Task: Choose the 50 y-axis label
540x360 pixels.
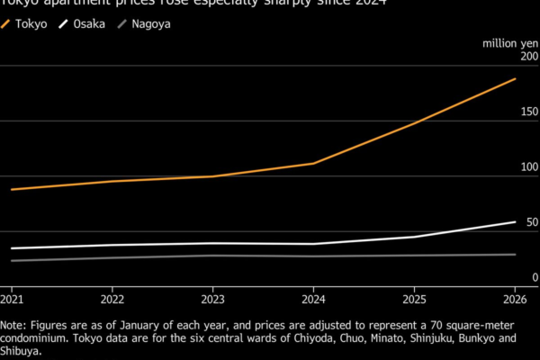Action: tap(532, 222)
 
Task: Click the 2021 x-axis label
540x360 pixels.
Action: tap(13, 299)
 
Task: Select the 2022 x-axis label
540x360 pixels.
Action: tap(112, 299)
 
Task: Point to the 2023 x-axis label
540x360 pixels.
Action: tap(212, 299)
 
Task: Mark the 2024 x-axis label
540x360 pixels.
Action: tap(313, 299)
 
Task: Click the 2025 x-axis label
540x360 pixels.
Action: tap(414, 299)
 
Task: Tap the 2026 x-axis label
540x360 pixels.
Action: tap(514, 299)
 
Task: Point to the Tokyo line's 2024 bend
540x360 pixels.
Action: tap(313, 163)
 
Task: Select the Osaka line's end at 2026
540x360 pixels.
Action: tap(515, 221)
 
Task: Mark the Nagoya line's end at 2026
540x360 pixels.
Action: tap(515, 255)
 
